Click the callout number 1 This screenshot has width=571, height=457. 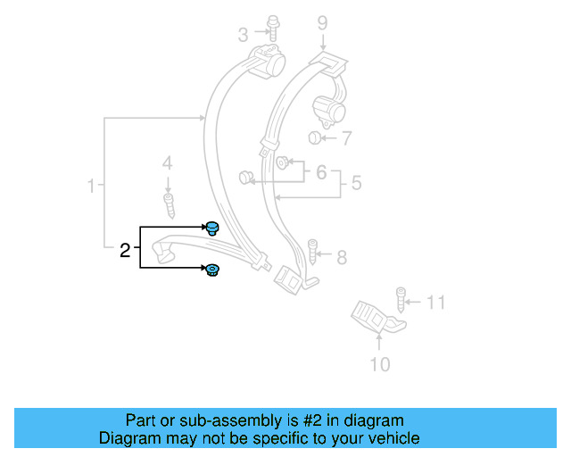click(x=91, y=187)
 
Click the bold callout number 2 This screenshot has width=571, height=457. click(x=126, y=250)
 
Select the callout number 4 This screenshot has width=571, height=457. click(x=167, y=163)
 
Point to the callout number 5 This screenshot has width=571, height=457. click(x=355, y=184)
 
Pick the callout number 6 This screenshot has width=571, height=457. click(x=321, y=171)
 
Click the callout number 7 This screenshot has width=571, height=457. click(x=346, y=138)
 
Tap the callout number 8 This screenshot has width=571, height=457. click(x=342, y=258)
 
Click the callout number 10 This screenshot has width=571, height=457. click(x=379, y=363)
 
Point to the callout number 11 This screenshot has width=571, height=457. click(x=434, y=303)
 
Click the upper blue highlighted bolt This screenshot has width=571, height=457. click(x=213, y=228)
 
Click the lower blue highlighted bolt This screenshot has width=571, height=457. click(x=213, y=270)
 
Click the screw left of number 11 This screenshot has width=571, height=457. click(x=401, y=298)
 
